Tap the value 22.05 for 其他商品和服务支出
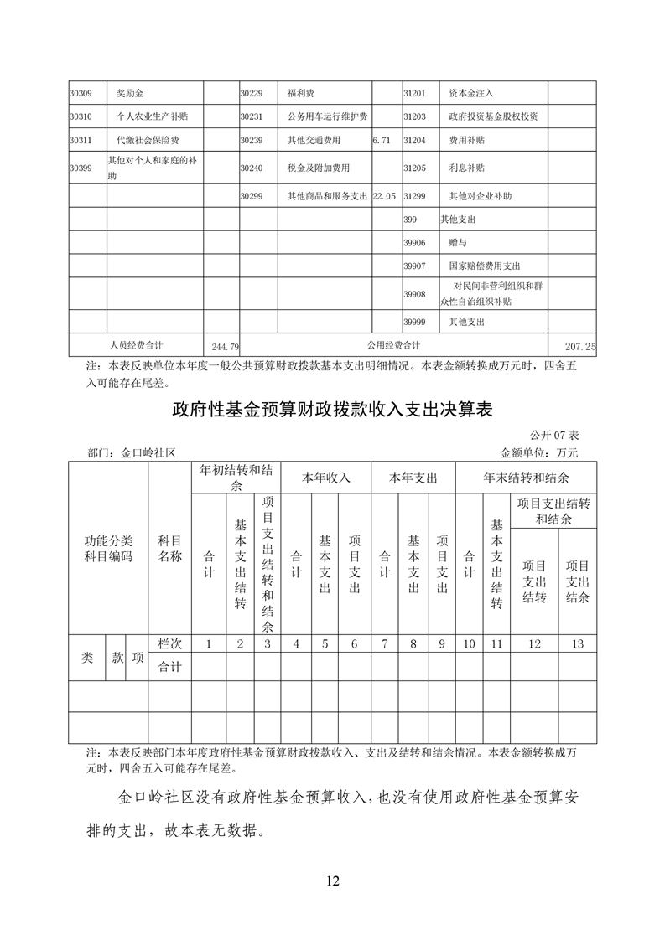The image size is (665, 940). pyautogui.click(x=383, y=196)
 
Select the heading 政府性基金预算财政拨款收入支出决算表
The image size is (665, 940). pyautogui.click(x=331, y=410)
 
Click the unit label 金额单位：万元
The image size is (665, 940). pyautogui.click(x=539, y=452)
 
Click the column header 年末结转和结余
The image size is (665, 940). pyautogui.click(x=526, y=478)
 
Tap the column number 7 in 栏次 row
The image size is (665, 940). pyautogui.click(x=384, y=644)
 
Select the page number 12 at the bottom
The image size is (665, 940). pyautogui.click(x=332, y=880)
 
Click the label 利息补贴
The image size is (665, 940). pyautogui.click(x=465, y=168)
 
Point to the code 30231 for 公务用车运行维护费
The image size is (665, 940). pyautogui.click(x=252, y=116)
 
